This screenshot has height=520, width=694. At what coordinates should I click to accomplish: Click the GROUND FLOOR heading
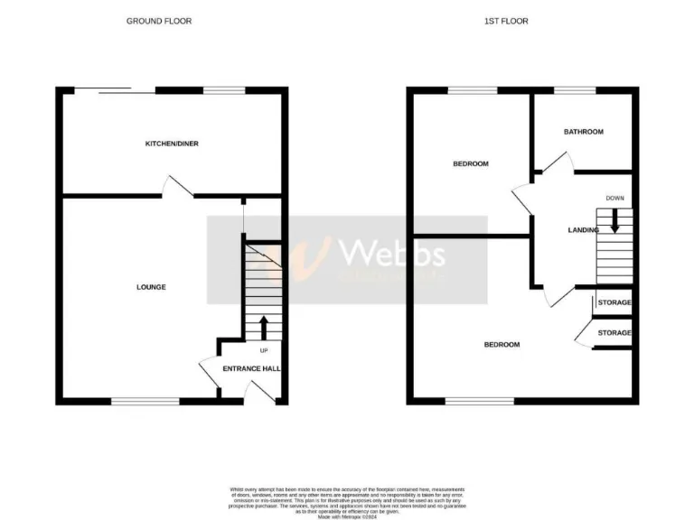[159, 21]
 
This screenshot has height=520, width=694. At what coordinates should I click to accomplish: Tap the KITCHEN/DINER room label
[173, 144]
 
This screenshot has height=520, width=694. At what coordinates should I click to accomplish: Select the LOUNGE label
[151, 287]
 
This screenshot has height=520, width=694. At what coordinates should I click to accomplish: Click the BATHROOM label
[583, 132]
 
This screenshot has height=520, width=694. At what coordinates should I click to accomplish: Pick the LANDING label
[583, 230]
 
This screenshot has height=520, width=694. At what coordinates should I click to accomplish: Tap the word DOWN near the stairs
[614, 198]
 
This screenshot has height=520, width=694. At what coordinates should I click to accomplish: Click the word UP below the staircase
[264, 350]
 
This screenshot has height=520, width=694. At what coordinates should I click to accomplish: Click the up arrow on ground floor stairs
[264, 327]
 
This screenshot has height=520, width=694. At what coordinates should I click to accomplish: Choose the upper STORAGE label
[614, 302]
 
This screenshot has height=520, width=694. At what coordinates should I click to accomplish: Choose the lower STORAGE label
[614, 333]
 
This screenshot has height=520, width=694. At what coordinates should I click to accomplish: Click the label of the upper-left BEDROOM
[471, 163]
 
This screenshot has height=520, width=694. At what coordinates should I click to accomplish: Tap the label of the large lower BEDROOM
[502, 345]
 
